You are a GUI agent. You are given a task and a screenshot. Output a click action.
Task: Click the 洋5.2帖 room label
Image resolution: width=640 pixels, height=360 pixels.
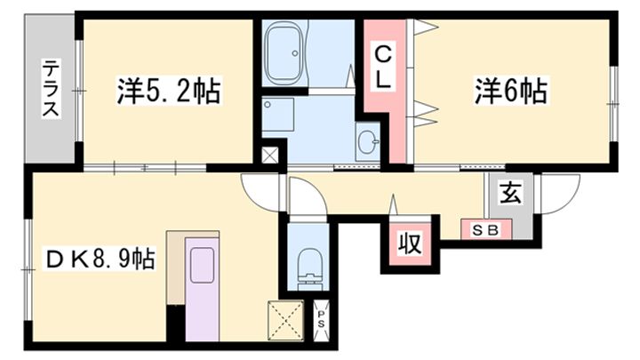(x=167, y=91)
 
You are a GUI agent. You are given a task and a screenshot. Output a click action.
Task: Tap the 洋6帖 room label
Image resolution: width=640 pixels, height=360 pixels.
(x=510, y=91)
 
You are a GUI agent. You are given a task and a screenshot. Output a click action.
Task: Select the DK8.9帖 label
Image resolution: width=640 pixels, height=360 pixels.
(x=100, y=260)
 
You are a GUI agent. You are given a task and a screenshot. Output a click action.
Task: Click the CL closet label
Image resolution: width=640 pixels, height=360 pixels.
(x=381, y=67)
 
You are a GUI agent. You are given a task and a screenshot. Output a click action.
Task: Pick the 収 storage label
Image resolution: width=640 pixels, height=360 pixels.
(x=408, y=243)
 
